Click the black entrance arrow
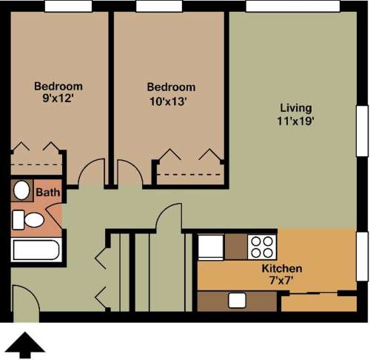pyautogui.click(x=25, y=344)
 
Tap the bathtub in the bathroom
pyautogui.click(x=36, y=249)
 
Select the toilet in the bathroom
pyautogui.click(x=30, y=220)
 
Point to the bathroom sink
pyautogui.click(x=22, y=190)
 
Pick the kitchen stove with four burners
pyautogui.click(x=262, y=245)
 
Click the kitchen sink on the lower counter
pyautogui.click(x=237, y=300)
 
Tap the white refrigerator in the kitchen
pyautogui.click(x=210, y=246)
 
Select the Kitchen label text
pyautogui.click(x=282, y=268)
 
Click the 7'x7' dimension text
pyautogui.click(x=282, y=281)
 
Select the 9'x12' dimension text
pyautogui.click(x=58, y=99)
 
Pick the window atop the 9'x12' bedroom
pyautogui.click(x=68, y=6)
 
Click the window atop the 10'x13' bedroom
pyautogui.click(x=158, y=6)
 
